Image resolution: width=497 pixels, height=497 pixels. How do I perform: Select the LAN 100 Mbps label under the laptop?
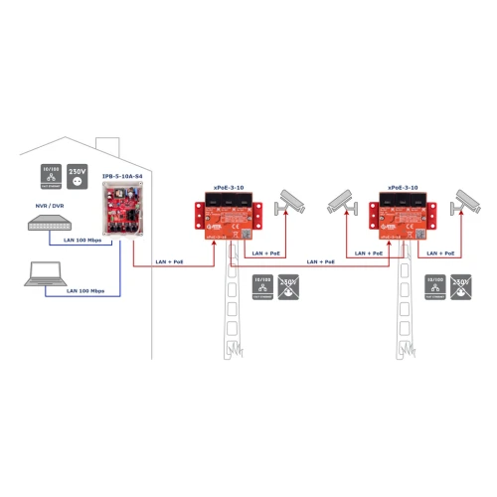click(x=85, y=291)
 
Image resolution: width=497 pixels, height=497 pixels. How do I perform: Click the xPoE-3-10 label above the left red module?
click(x=232, y=187)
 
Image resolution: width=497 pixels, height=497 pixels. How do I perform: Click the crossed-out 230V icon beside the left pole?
click(x=289, y=290)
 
